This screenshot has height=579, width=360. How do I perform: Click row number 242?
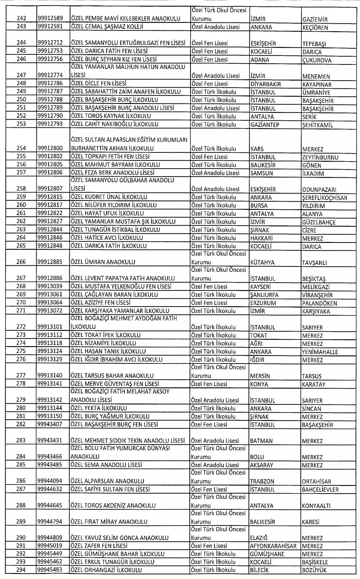coord(22,18)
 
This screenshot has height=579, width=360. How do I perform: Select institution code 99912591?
coord(50,27)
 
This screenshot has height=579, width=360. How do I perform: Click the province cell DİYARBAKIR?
coord(266,84)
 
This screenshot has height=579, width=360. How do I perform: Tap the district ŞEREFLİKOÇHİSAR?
coord(324,198)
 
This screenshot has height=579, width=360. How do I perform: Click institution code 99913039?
coord(50,286)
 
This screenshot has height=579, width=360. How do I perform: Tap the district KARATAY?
coord(313,384)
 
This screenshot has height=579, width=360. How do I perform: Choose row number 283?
coord(21,440)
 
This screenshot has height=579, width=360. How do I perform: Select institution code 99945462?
coord(50,562)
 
